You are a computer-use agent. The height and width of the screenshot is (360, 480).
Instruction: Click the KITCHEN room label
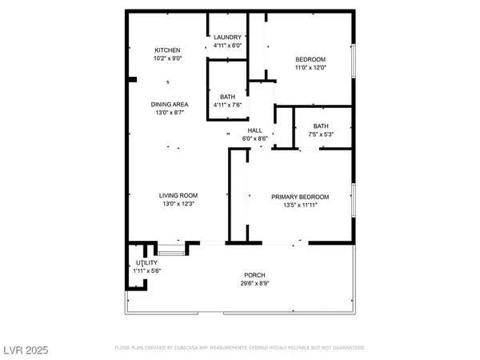(167, 50)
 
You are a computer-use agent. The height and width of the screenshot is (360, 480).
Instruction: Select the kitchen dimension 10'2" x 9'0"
(167, 58)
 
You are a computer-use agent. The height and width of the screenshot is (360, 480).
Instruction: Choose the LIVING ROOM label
(178, 195)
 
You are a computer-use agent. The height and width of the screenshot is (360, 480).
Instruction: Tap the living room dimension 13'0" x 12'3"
(178, 204)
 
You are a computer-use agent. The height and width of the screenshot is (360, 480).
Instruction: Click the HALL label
(255, 130)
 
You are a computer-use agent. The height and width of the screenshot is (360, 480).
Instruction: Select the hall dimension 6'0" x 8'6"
(255, 138)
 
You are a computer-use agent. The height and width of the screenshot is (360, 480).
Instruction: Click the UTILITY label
(147, 262)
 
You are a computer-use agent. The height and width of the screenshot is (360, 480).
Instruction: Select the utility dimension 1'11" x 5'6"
(148, 270)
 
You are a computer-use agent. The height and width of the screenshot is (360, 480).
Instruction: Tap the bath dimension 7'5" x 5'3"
(321, 134)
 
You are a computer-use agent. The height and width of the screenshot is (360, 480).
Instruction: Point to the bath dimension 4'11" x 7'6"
(228, 105)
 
